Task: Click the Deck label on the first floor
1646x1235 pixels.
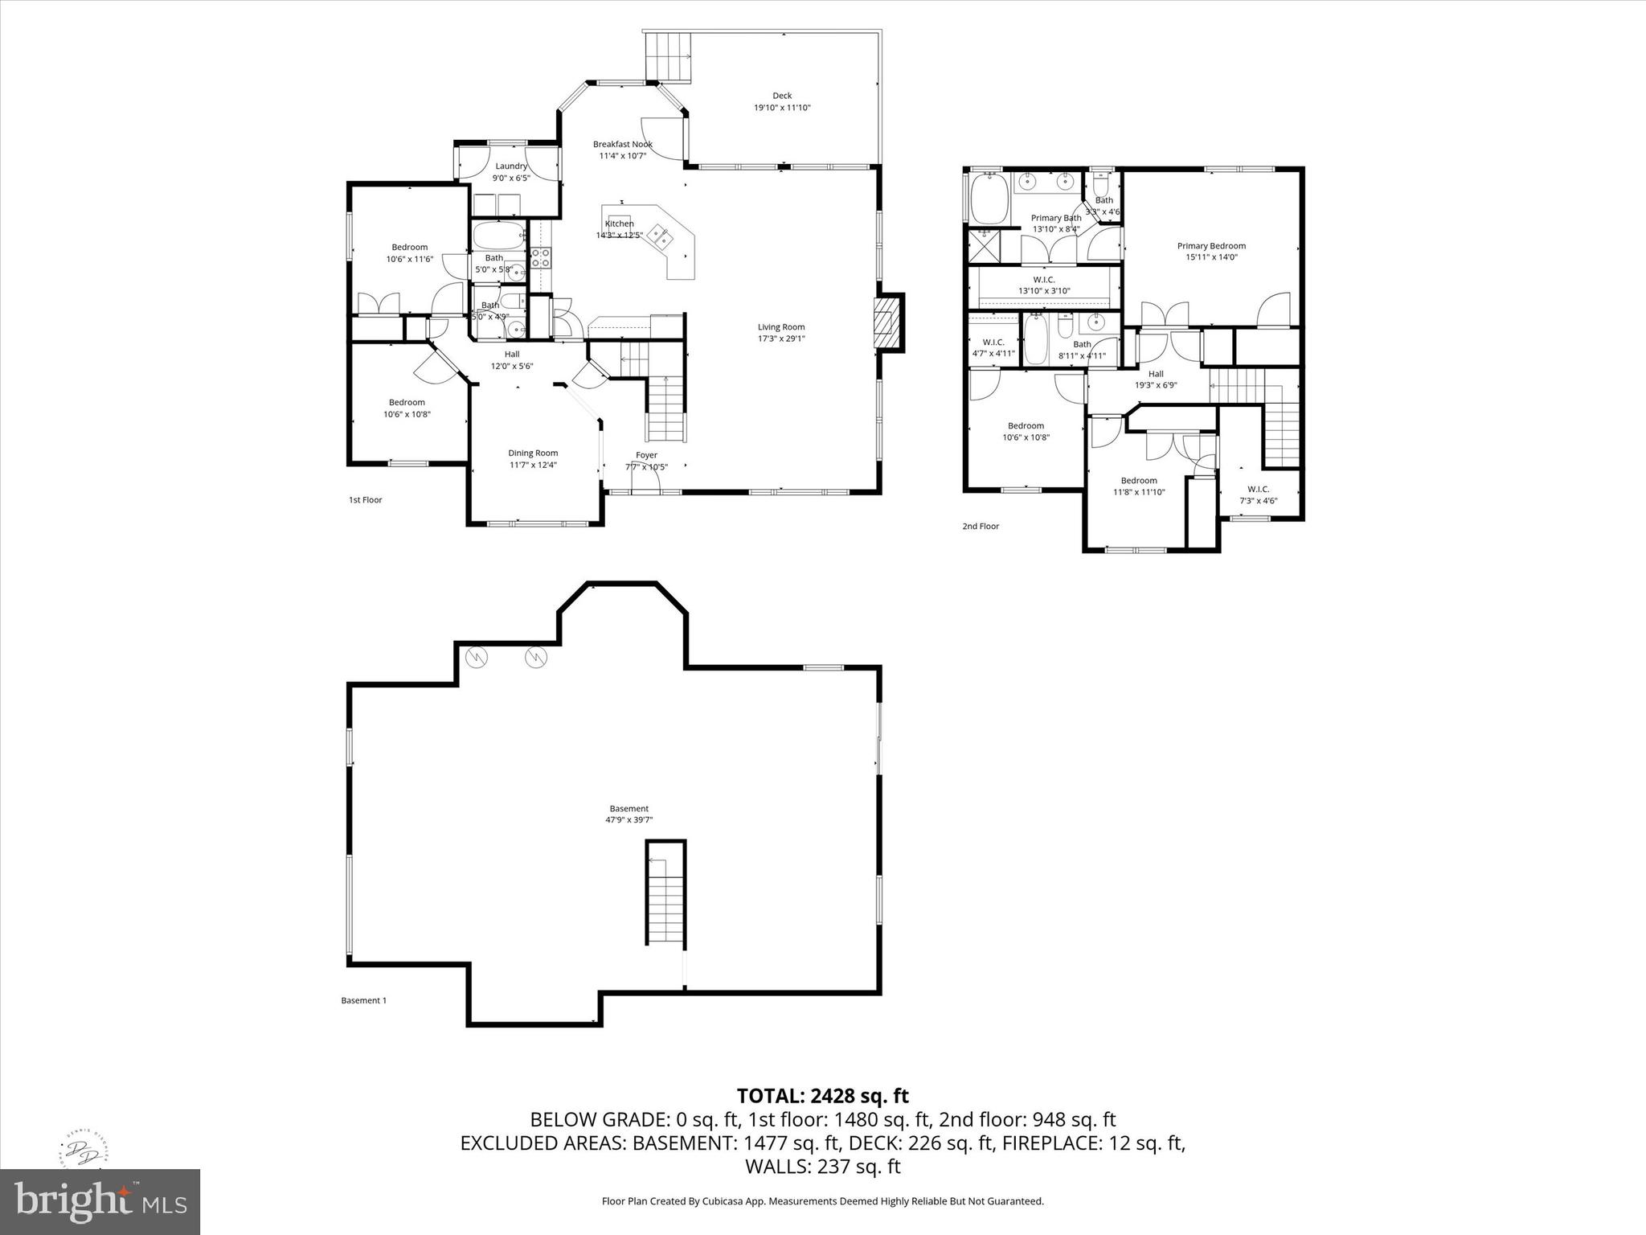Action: [782, 96]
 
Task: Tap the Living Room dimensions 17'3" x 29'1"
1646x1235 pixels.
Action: [781, 338]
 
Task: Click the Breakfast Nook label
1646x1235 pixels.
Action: [622, 145]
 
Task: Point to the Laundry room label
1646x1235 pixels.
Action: [511, 166]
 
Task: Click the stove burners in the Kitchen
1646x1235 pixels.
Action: [541, 257]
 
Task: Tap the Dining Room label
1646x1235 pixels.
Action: [533, 453]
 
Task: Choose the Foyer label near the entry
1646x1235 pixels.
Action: [646, 455]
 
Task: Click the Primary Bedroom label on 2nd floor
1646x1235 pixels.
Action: [1211, 246]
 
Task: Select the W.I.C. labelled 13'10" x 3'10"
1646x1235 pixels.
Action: [1044, 285]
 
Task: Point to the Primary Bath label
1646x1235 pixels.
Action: [1056, 218]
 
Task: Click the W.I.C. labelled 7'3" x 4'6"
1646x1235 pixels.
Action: [1258, 494]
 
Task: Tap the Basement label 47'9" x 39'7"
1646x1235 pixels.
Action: [629, 814]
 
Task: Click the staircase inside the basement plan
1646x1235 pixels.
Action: [665, 893]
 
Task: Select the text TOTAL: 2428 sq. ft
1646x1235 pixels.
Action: [822, 1096]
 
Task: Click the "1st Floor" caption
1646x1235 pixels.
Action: [365, 500]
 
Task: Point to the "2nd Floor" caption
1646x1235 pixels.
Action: [981, 527]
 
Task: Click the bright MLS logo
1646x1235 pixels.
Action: [100, 1201]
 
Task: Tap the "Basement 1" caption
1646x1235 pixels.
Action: [363, 1001]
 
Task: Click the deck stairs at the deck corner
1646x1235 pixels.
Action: [669, 56]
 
